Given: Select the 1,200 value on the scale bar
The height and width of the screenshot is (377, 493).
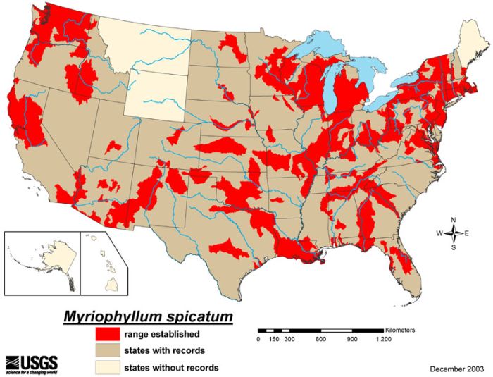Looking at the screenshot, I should click(383, 340).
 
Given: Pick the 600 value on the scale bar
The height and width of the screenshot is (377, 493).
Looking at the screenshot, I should click(320, 340).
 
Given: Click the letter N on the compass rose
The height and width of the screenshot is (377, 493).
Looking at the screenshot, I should click(454, 219).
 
